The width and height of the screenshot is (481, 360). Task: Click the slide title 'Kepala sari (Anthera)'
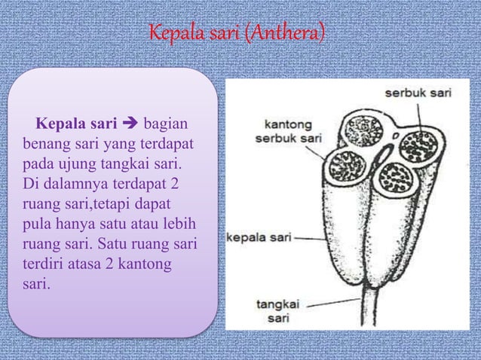point(237,35)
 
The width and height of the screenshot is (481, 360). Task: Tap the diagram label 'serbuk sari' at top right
point(418,94)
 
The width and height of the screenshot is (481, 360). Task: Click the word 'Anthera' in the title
point(290,35)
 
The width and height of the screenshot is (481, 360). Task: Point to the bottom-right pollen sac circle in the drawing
point(394,178)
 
